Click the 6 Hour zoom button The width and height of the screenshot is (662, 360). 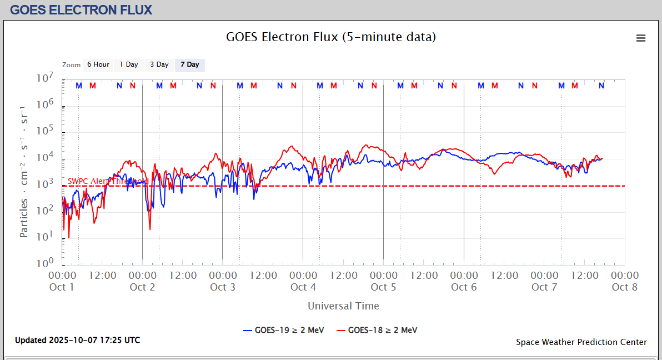click(x=98, y=64)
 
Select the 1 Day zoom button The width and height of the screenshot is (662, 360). click(x=129, y=64)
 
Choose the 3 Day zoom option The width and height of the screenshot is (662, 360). click(x=159, y=64)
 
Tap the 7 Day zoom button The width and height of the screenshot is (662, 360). click(x=190, y=64)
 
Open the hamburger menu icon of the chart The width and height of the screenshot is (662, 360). click(x=641, y=38)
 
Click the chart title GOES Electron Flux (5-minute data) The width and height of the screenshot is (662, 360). click(x=331, y=37)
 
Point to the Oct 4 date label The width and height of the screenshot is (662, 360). click(x=303, y=287)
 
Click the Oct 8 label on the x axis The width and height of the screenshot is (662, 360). click(x=625, y=287)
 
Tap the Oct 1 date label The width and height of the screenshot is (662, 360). click(x=62, y=287)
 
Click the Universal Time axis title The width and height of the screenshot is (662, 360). click(x=343, y=306)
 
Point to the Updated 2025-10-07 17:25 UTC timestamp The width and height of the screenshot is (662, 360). click(x=78, y=339)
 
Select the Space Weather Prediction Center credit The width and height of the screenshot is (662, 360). click(x=581, y=342)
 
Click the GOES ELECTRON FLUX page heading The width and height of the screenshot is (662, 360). click(x=81, y=10)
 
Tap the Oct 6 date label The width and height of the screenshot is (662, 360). click(x=464, y=287)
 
